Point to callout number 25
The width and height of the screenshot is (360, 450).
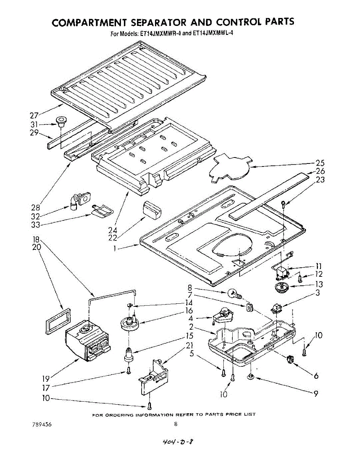pyautogui.click(x=320, y=163)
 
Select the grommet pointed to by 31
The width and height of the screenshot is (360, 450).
pyautogui.click(x=60, y=121)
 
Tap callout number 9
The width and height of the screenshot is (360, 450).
pyautogui.click(x=316, y=393)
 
